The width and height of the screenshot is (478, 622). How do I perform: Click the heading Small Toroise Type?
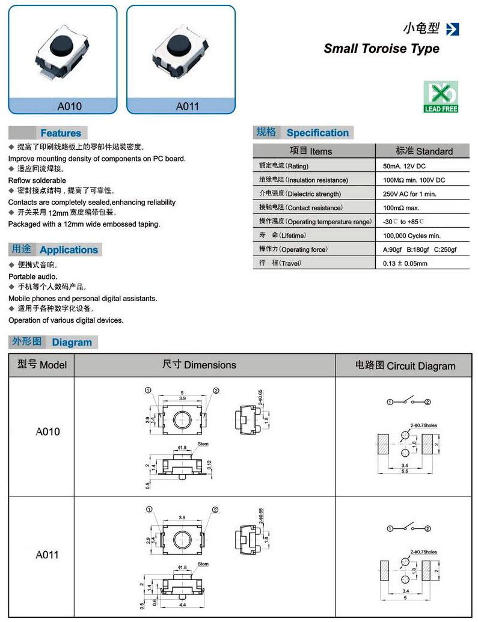pyautogui.click(x=381, y=49)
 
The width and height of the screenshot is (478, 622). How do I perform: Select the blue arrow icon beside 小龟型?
pyautogui.click(x=453, y=29)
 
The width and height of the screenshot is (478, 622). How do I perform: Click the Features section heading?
pyautogui.click(x=60, y=133)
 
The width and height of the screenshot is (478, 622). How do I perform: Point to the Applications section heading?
pyautogui.click(x=69, y=249)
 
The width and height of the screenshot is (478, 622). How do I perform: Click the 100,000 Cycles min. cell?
pyautogui.click(x=412, y=236)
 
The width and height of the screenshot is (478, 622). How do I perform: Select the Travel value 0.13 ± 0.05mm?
pyautogui.click(x=405, y=263)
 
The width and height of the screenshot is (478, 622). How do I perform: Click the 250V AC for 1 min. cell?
pyautogui.click(x=409, y=194)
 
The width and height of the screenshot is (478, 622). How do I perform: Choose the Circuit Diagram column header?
pyautogui.click(x=405, y=365)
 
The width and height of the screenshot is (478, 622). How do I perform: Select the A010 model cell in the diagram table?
pyautogui.click(x=47, y=431)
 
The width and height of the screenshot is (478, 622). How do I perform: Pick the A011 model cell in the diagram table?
pyautogui.click(x=47, y=555)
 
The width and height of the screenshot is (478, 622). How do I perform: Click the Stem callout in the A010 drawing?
pyautogui.click(x=203, y=444)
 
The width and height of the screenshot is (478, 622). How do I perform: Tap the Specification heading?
pyautogui.click(x=317, y=133)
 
